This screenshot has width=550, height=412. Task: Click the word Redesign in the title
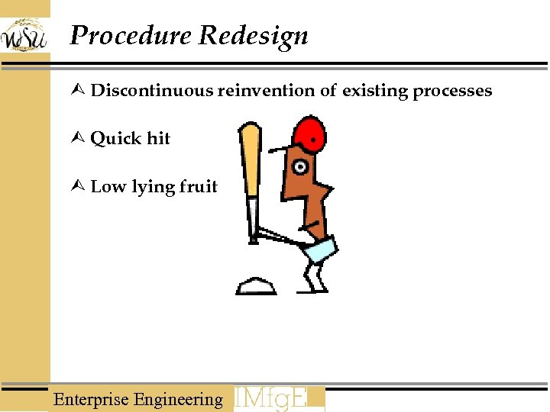[254, 36]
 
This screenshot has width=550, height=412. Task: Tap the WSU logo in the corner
[24, 34]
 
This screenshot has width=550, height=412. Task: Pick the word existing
[375, 92]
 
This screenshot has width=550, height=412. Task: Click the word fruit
[198, 187]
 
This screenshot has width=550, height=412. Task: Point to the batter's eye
[302, 166]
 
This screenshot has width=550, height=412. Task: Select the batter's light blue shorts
[321, 249]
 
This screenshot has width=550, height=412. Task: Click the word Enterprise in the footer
[92, 399]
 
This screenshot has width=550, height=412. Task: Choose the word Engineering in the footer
[178, 399]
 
